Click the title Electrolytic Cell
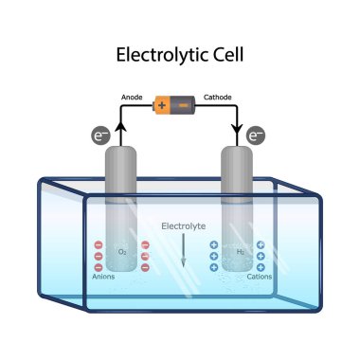tap(180, 54)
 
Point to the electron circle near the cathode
tap(254, 136)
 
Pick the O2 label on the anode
tap(122, 252)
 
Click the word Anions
tap(103, 277)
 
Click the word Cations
tap(259, 277)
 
